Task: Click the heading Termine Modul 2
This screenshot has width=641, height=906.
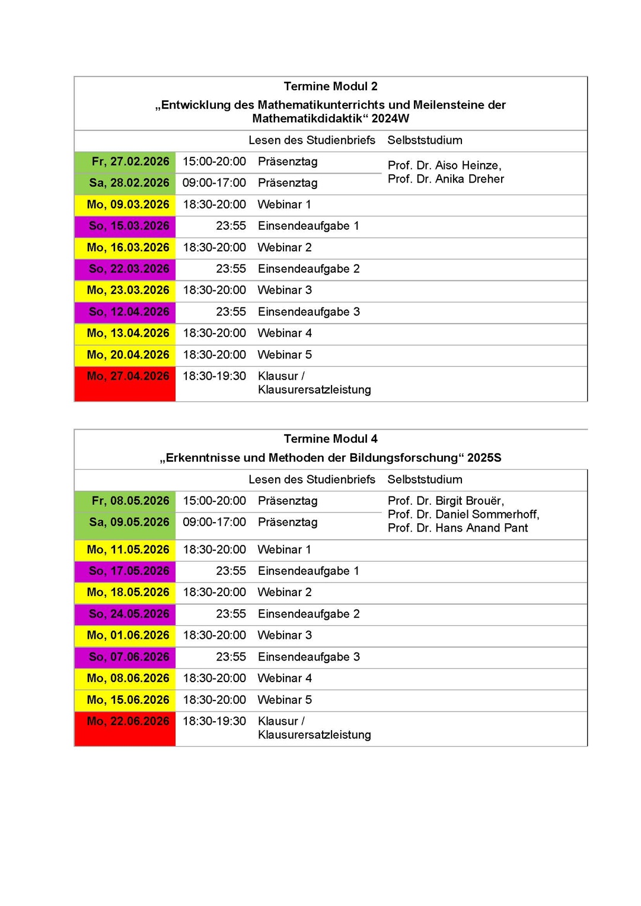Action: [330, 87]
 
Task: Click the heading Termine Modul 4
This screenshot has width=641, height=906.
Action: [330, 439]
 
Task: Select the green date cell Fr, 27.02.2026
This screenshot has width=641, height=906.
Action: [130, 162]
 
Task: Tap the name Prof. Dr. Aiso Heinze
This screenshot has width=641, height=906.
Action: [444, 165]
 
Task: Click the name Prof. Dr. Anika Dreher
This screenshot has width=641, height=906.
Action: [445, 179]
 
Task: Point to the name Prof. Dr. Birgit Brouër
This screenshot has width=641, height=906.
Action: [445, 501]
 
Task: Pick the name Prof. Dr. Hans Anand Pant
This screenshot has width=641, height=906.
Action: [457, 529]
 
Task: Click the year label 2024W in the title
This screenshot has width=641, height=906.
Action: [390, 119]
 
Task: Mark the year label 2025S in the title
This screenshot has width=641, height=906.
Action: [484, 458]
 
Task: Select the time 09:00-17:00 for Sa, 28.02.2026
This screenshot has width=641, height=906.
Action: [214, 183]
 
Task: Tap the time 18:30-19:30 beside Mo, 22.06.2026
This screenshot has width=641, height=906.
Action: [214, 722]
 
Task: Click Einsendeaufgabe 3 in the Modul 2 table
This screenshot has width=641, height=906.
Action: [308, 312]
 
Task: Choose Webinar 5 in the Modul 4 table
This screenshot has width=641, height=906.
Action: [285, 700]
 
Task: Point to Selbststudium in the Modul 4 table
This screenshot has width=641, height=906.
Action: [425, 480]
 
